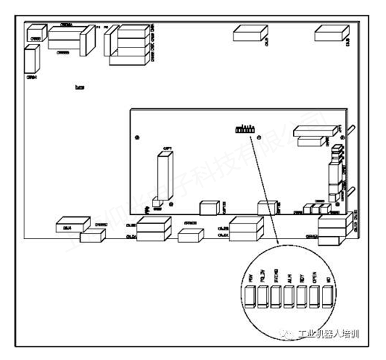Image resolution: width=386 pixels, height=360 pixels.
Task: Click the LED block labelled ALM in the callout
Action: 288,296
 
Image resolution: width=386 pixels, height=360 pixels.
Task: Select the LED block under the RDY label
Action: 302,296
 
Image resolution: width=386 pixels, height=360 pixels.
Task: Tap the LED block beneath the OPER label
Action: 315,296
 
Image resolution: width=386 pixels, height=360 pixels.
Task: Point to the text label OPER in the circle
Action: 315,278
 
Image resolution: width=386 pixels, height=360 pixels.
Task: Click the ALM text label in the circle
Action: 289,278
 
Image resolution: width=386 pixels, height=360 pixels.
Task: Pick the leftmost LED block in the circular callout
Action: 249,296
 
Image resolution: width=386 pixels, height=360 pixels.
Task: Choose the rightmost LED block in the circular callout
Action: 328,296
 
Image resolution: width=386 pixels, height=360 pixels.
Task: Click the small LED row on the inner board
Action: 243,129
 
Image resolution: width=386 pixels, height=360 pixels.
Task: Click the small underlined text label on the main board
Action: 79,87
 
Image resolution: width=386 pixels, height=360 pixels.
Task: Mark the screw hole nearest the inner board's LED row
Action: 259,138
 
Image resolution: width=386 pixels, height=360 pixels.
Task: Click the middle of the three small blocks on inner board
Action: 316,208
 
